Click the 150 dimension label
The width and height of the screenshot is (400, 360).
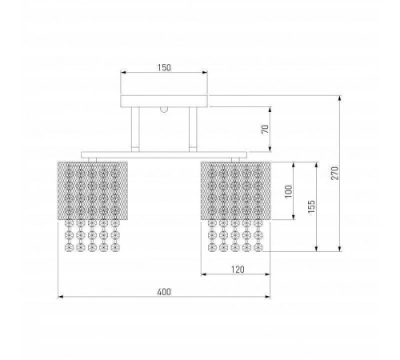164,67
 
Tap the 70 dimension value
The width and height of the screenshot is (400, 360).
265,130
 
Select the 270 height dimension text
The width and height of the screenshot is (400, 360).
334,173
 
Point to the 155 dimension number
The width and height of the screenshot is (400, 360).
311,206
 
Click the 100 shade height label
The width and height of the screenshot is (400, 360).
289,191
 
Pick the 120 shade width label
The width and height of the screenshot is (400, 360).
238,270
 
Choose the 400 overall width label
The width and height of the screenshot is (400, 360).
164,292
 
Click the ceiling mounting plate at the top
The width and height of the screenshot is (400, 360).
164,101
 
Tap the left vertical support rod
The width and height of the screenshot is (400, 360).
135,130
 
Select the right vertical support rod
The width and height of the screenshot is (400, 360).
193,130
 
